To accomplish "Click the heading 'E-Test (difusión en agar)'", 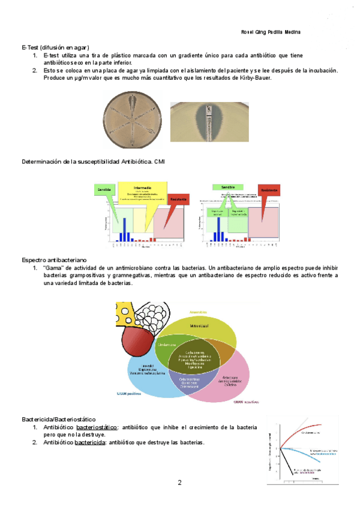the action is tap(55, 46).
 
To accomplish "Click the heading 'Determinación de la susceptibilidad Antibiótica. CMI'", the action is tap(92, 162).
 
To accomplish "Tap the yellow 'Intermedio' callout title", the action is tap(142, 186).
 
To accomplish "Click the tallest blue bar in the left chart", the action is tap(124, 229).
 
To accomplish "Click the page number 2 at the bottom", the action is tap(179, 482).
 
